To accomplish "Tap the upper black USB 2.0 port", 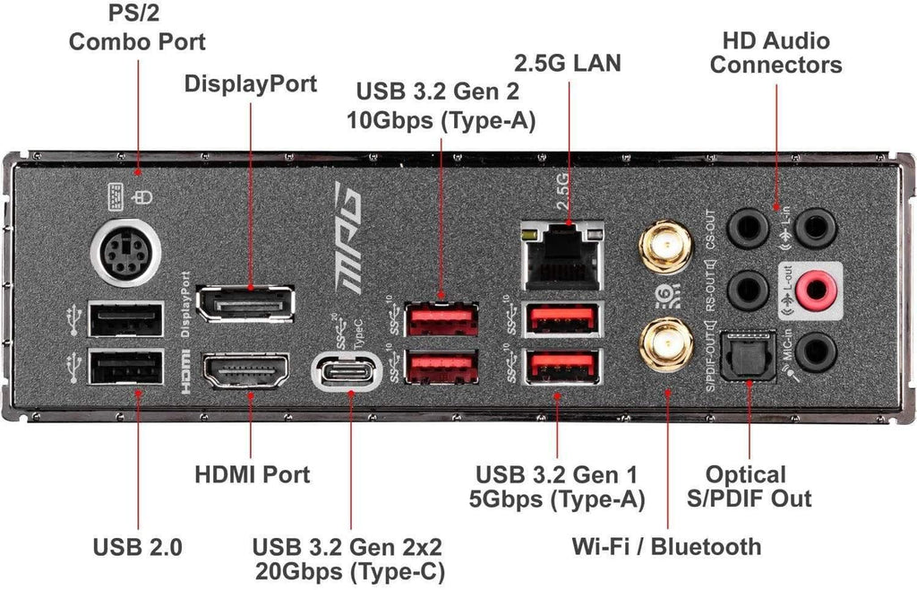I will pos(126,321).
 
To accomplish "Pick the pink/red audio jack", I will pos(816,289).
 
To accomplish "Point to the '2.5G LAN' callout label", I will pos(567,64).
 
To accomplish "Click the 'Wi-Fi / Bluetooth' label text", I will pos(666,546).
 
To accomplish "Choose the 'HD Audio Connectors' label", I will pos(776,53).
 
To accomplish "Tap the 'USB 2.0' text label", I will pos(138,546).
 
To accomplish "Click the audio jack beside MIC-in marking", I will pos(816,351).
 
